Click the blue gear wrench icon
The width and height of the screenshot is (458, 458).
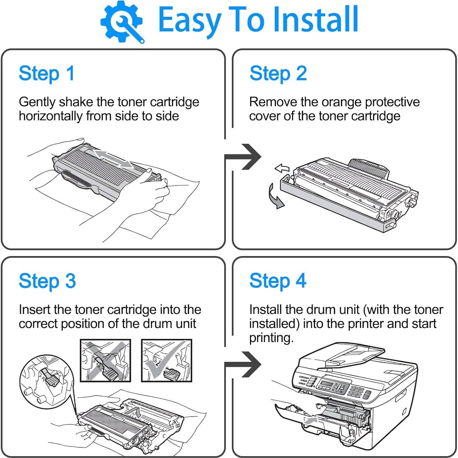(x=122, y=22)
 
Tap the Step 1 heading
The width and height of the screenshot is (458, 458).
(x=47, y=74)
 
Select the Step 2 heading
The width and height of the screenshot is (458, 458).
(x=278, y=74)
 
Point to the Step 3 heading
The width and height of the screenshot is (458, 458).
(x=47, y=281)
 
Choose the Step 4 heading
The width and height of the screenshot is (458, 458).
(x=278, y=281)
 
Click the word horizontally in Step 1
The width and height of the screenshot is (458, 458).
(x=50, y=116)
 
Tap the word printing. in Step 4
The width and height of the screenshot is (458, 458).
(x=271, y=338)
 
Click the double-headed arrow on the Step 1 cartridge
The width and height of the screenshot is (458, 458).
(x=113, y=158)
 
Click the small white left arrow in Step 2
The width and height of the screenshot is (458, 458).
(x=282, y=168)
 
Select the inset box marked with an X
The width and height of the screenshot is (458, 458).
(x=105, y=360)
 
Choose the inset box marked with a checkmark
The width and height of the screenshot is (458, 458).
(x=166, y=360)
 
